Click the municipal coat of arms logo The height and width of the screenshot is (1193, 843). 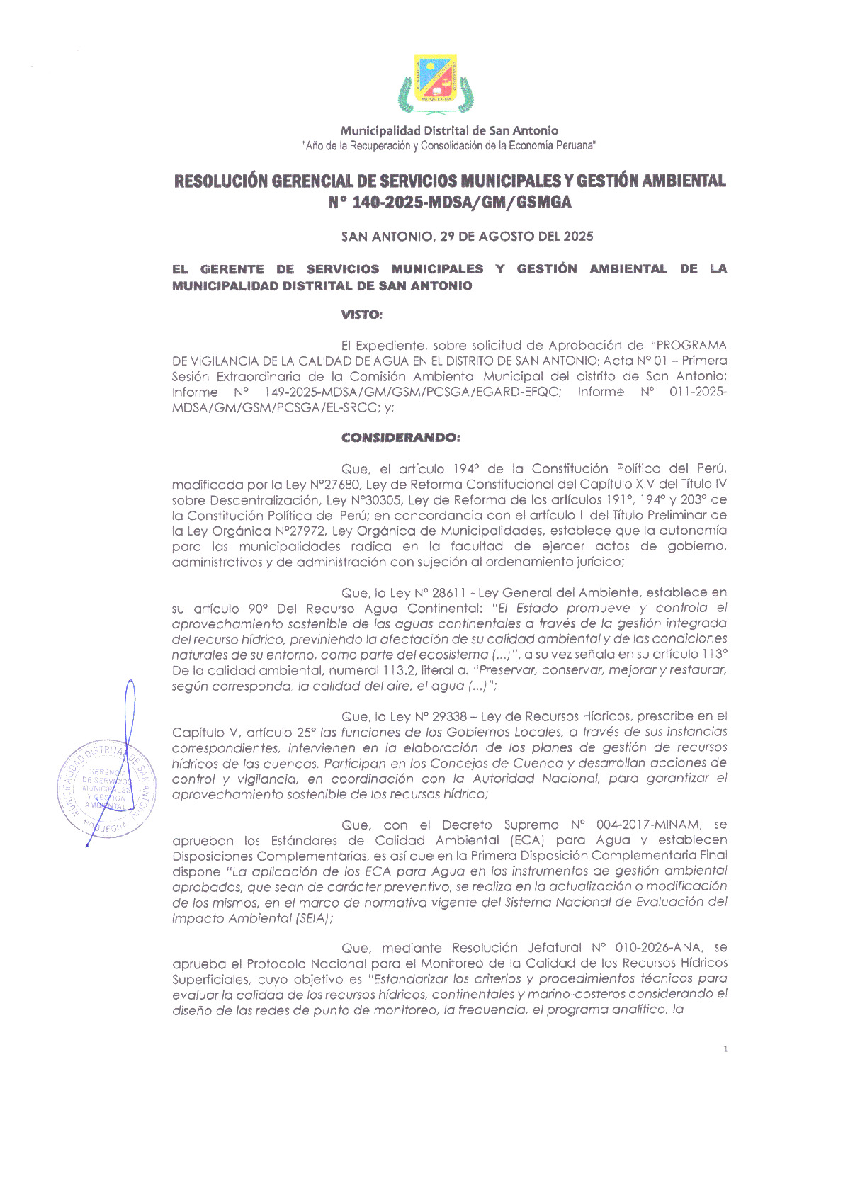coord(436,84)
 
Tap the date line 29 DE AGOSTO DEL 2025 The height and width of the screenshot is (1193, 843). coord(516,237)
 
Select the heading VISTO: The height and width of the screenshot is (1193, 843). coord(362,314)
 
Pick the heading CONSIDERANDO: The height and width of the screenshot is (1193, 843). coord(400,437)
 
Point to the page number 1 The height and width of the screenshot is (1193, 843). coord(725,1048)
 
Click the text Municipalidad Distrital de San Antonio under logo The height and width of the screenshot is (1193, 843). coord(449,130)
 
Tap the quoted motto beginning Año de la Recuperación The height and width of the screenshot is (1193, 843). coord(449,145)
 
